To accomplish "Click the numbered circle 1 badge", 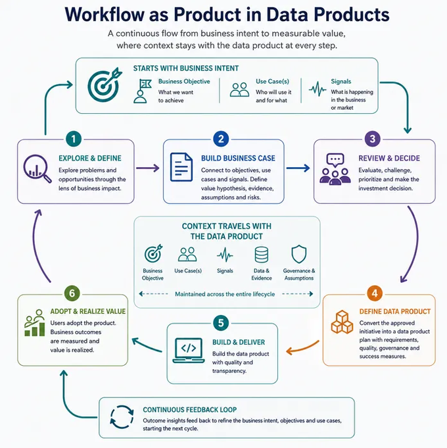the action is tap(74, 139).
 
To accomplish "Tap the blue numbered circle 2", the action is tap(221, 139).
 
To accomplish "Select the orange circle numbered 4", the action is tap(375, 293).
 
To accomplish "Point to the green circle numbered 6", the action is tap(72, 293).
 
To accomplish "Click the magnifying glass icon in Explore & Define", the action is tap(36, 168).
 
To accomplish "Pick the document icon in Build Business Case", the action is tap(181, 167).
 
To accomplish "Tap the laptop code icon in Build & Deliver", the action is tap(189, 351).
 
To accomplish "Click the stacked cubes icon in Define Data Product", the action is tap(342, 322).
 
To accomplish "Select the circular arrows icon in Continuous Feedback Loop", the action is tap(122, 417).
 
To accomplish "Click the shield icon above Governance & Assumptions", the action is tap(299, 254).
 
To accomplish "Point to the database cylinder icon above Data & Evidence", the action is tap(262, 255).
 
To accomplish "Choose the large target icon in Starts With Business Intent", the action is tap(105, 85).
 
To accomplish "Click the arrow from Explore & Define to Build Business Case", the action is tap(147, 168).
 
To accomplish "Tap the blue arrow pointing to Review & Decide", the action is tap(298, 168).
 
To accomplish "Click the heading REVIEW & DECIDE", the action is tap(389, 159).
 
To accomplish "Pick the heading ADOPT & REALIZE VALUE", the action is tap(88, 311).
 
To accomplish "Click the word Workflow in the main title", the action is tap(105, 14).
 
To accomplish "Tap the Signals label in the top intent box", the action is tap(341, 82).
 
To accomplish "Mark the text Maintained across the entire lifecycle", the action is tap(225, 294).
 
